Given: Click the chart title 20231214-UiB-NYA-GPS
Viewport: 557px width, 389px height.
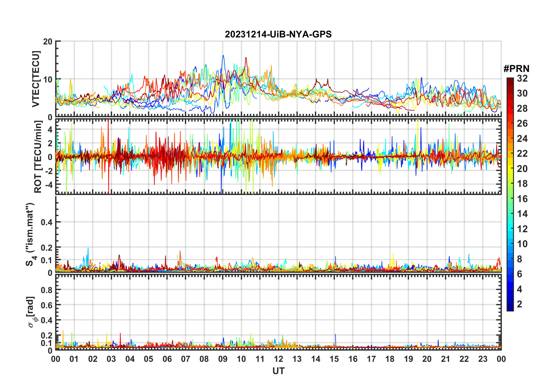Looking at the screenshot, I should click(x=278, y=35).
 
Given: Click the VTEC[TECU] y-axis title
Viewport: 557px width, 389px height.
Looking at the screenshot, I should click(x=36, y=79).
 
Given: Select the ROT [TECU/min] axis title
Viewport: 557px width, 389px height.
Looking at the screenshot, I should click(x=38, y=157).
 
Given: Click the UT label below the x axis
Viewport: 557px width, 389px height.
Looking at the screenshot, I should click(x=278, y=371).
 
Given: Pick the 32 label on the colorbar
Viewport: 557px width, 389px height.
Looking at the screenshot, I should click(x=522, y=78).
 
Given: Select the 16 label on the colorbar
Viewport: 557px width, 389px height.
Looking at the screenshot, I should click(x=522, y=199).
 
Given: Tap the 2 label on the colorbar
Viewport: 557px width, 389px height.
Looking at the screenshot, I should click(x=520, y=304).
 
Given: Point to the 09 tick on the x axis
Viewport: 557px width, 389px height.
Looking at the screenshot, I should click(x=223, y=359).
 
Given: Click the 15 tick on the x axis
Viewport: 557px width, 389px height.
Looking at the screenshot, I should click(x=334, y=359).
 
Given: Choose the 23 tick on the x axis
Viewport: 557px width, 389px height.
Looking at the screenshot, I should click(x=483, y=359).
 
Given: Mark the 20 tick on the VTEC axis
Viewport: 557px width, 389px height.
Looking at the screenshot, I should click(x=47, y=42).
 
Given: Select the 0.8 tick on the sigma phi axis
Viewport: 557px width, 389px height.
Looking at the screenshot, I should click(x=47, y=290).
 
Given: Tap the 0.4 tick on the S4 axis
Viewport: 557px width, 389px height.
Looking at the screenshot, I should click(x=47, y=222).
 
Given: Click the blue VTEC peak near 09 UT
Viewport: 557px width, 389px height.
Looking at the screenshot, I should click(x=223, y=55).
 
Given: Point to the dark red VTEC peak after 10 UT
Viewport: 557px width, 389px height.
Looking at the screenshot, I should click(x=246, y=58).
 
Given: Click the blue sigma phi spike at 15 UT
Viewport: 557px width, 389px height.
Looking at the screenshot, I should click(x=335, y=335).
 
